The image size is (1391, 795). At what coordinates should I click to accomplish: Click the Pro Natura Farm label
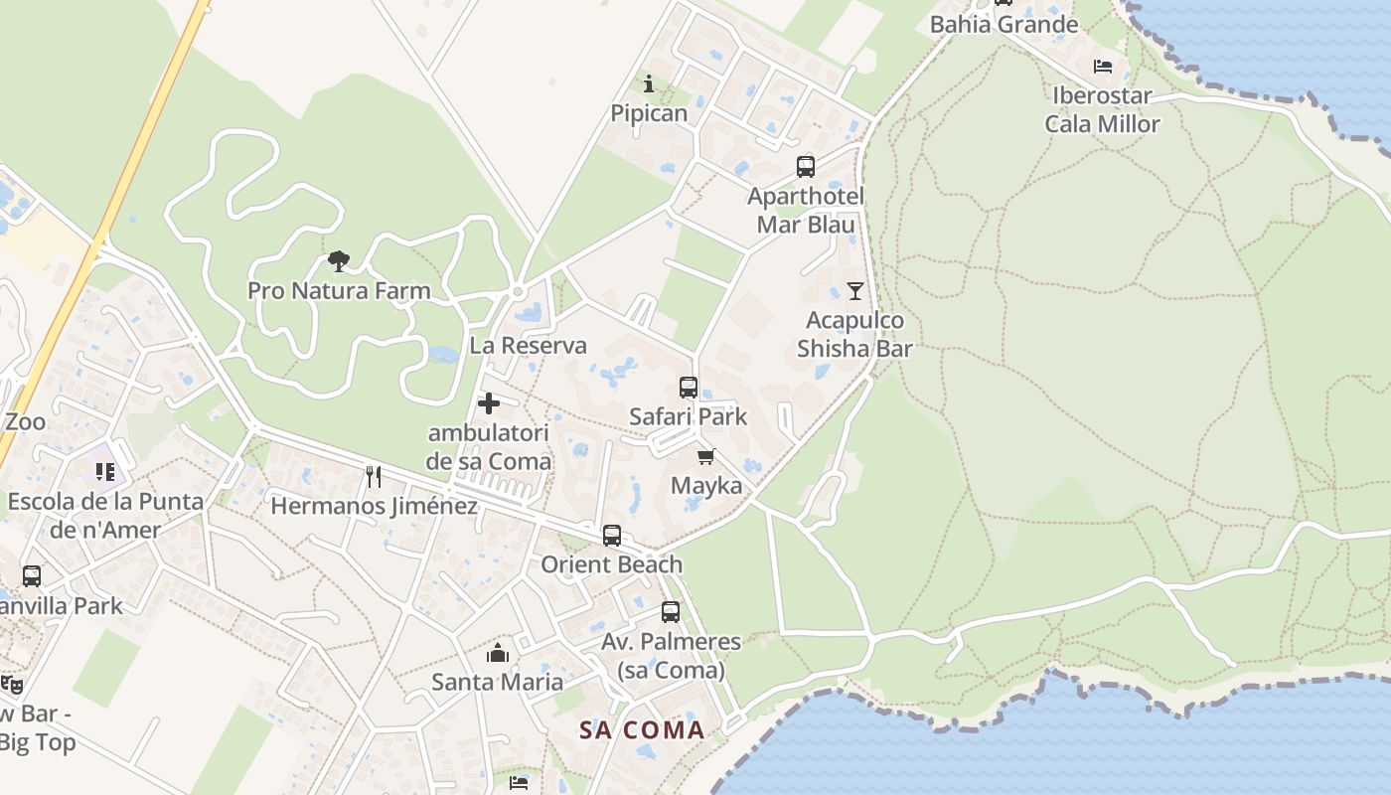pyautogui.click(x=339, y=291)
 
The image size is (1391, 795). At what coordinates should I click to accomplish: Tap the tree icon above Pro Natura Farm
pyautogui.click(x=339, y=261)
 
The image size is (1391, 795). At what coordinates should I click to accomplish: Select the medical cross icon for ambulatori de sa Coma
pyautogui.click(x=489, y=403)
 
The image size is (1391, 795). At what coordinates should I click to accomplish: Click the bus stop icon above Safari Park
pyautogui.click(x=689, y=388)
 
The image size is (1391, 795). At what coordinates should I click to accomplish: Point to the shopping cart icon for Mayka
pyautogui.click(x=706, y=457)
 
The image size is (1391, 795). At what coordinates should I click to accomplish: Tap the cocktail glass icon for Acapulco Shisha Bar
pyautogui.click(x=854, y=291)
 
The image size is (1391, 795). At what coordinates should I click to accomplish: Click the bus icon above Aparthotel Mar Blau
pyautogui.click(x=806, y=167)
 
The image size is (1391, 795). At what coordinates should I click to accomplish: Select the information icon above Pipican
pyautogui.click(x=649, y=83)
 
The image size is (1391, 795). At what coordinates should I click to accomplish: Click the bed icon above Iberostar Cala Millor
pyautogui.click(x=1102, y=67)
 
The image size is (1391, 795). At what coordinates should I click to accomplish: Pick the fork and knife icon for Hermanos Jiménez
pyautogui.click(x=374, y=477)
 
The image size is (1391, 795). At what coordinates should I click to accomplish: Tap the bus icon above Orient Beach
pyautogui.click(x=612, y=536)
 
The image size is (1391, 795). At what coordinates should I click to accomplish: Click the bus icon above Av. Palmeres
pyautogui.click(x=671, y=612)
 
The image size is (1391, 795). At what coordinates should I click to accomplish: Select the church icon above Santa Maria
pyautogui.click(x=498, y=653)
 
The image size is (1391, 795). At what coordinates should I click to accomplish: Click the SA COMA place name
pyautogui.click(x=642, y=730)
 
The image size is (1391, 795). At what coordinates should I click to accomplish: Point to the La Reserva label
pyautogui.click(x=528, y=346)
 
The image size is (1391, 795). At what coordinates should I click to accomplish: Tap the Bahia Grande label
pyautogui.click(x=1004, y=24)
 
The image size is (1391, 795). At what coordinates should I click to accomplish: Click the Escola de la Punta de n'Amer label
pyautogui.click(x=105, y=515)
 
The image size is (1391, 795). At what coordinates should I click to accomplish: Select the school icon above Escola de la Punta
pyautogui.click(x=105, y=472)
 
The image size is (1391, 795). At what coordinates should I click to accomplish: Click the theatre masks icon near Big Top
pyautogui.click(x=11, y=684)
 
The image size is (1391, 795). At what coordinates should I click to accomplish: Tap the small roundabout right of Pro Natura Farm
pyautogui.click(x=518, y=291)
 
